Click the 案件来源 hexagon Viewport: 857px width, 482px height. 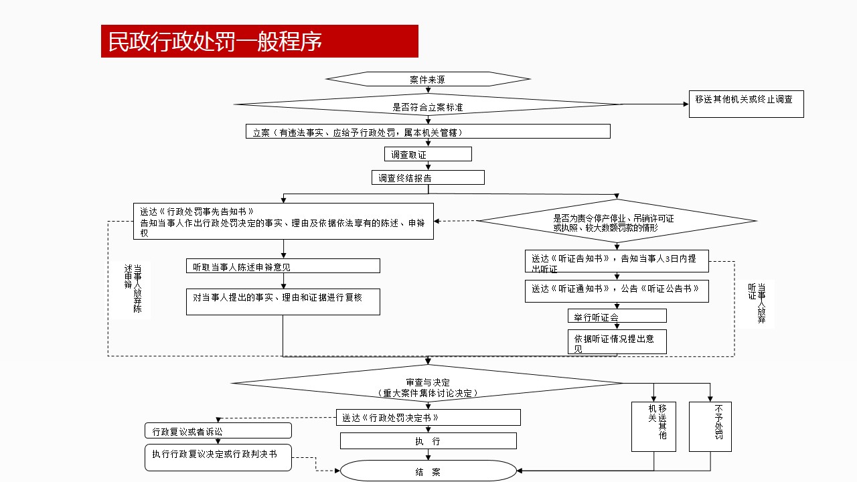[x=427, y=79]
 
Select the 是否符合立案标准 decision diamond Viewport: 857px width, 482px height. [x=427, y=104]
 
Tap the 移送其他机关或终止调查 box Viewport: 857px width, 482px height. [x=746, y=104]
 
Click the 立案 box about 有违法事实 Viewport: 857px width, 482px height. [x=427, y=131]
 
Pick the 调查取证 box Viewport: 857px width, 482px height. [x=427, y=155]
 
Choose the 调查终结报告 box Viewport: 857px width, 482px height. [x=427, y=177]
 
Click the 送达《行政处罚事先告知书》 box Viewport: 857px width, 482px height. [x=283, y=221]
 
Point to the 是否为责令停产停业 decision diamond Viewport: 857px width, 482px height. [x=616, y=221]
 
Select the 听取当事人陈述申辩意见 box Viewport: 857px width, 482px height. [x=283, y=266]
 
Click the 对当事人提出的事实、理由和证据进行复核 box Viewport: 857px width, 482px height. [x=283, y=301]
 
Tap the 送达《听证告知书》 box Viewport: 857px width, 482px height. [x=616, y=261]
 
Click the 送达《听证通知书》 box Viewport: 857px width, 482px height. [x=616, y=291]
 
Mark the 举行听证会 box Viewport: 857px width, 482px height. [x=617, y=316]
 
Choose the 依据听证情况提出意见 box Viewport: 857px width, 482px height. [x=617, y=341]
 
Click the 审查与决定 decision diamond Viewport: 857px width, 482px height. [x=427, y=384]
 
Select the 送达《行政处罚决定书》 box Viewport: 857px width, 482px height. [x=428, y=417]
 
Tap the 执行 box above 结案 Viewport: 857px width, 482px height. [x=428, y=440]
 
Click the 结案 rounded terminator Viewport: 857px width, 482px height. [x=428, y=471]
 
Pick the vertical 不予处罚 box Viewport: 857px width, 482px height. [x=710, y=426]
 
